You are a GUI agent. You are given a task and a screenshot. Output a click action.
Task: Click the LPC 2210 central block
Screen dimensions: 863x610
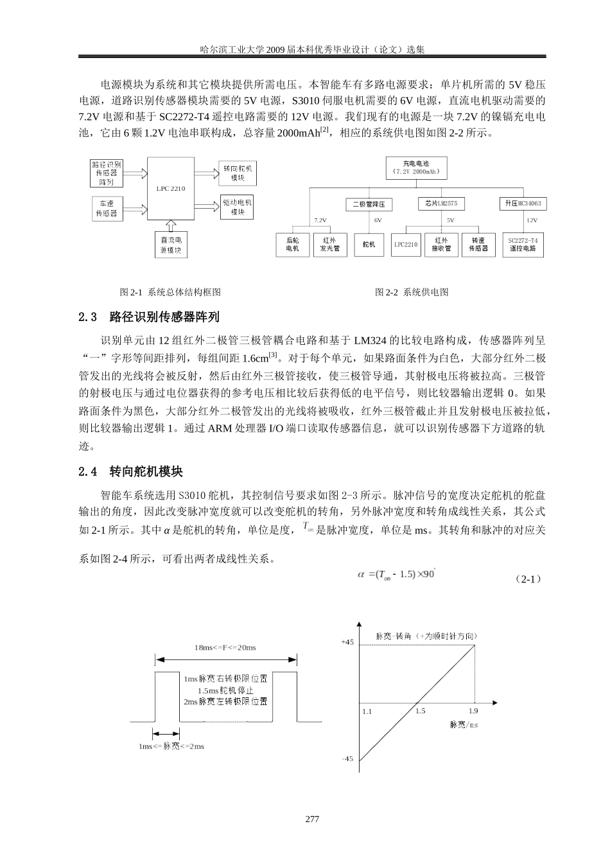[170, 189]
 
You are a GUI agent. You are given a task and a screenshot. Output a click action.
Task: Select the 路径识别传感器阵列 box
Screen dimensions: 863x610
[107, 173]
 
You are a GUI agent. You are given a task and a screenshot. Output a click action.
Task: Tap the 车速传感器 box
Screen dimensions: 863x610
[107, 208]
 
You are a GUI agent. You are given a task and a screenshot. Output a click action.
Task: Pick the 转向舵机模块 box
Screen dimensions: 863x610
[238, 172]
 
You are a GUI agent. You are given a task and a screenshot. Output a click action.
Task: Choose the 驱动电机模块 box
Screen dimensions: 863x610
[238, 206]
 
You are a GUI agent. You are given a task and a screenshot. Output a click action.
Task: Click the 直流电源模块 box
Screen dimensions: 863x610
[171, 245]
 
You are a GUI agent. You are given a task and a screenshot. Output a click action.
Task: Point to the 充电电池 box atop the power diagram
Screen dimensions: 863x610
[416, 168]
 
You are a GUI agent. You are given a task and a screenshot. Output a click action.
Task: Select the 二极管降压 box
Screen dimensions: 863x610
[369, 204]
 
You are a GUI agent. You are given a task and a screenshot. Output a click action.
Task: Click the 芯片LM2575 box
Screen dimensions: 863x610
[440, 204]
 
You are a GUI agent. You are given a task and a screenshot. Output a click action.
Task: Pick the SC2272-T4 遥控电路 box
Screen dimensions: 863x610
[522, 244]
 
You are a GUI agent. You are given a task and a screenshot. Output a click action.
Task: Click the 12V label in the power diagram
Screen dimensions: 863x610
[532, 220]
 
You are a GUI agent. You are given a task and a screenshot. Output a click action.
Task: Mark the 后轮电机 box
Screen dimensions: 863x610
[292, 244]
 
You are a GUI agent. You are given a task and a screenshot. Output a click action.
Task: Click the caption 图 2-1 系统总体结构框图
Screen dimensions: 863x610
[170, 292]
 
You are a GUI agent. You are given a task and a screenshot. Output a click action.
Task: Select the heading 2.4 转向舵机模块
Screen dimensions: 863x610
[130, 472]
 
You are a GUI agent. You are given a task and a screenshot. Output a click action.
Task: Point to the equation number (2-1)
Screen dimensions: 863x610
[530, 579]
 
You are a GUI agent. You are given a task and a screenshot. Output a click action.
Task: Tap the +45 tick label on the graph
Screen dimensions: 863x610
[347, 641]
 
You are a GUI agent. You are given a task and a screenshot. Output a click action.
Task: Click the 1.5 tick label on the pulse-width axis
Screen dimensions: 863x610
[420, 711]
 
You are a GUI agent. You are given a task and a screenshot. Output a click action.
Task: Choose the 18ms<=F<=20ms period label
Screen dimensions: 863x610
[225, 647]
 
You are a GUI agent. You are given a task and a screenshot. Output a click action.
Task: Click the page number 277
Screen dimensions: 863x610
[312, 819]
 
